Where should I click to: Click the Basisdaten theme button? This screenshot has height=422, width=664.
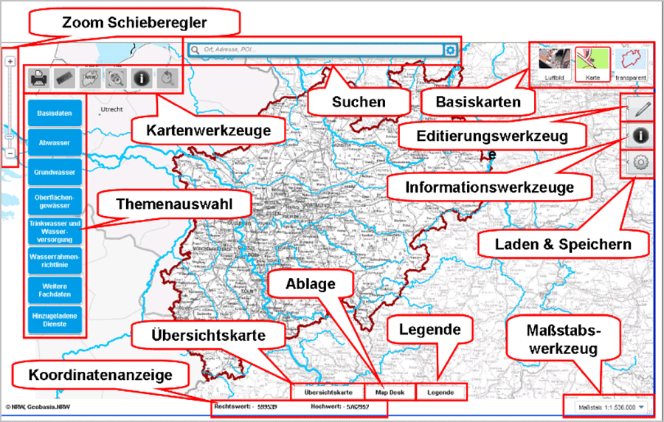coord(54,113)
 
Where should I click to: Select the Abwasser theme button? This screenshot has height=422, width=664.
coord(54,142)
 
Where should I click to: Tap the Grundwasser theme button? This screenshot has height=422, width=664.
coord(54,172)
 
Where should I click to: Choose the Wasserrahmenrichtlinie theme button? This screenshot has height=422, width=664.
coord(54,260)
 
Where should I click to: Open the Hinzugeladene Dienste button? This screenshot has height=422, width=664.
coord(54,319)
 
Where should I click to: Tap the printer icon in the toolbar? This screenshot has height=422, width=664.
coord(40,77)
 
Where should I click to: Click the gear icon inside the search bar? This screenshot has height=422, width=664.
coord(450,50)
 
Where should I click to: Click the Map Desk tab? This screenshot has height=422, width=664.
coord(390,392)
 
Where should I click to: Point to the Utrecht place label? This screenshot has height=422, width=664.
coord(111,108)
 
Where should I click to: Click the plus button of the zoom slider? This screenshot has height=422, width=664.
coord(10,62)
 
